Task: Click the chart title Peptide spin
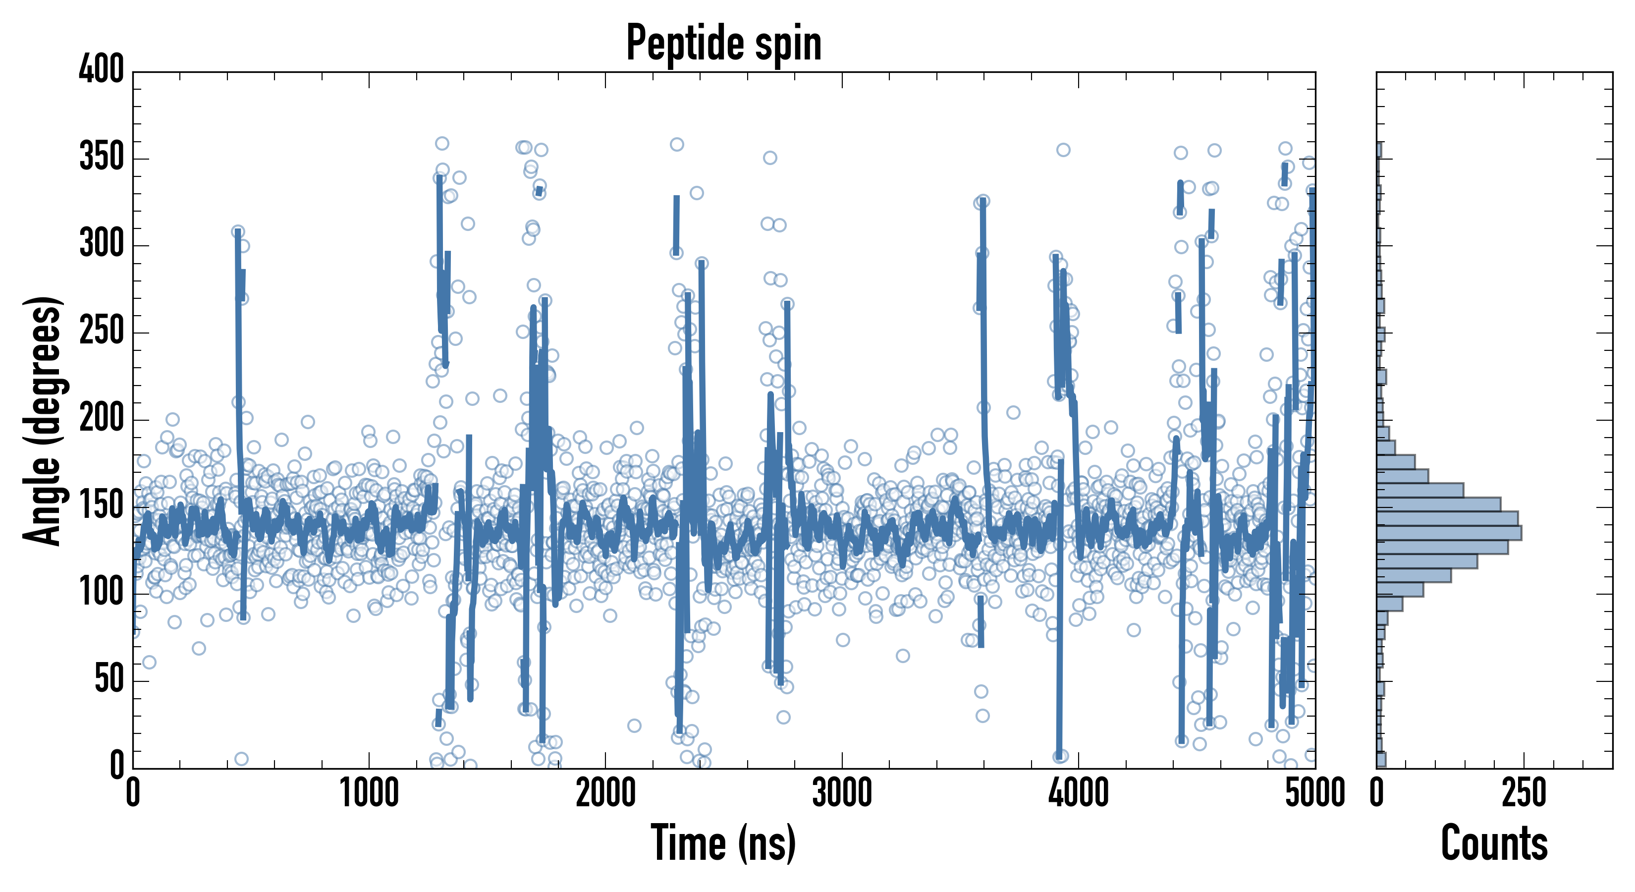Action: point(723,43)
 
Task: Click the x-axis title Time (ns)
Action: point(723,842)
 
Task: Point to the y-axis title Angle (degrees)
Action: point(43,420)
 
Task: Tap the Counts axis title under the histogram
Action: point(1494,842)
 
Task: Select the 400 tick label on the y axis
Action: point(102,69)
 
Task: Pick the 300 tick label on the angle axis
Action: point(102,244)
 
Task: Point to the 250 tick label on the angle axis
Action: point(102,332)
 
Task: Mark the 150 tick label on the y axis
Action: point(102,506)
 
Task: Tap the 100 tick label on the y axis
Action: point(102,594)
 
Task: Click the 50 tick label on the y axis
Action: point(109,680)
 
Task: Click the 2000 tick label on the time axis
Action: point(605,793)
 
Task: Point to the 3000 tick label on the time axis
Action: point(842,793)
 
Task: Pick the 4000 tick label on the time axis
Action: point(1079,793)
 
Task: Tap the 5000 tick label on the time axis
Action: point(1315,793)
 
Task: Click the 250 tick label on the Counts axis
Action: point(1524,793)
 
